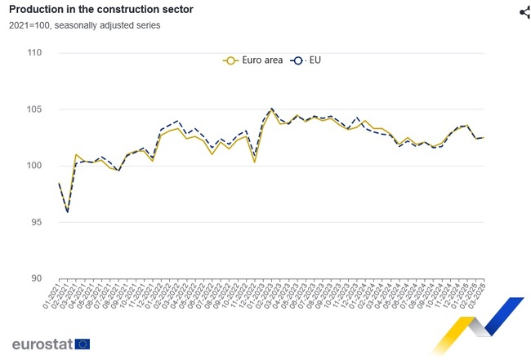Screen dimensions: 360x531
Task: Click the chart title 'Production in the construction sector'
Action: click(x=102, y=11)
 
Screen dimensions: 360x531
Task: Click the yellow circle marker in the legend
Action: click(x=230, y=60)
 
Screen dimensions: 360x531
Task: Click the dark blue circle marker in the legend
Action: click(x=297, y=60)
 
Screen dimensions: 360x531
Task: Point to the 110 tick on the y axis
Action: click(x=34, y=53)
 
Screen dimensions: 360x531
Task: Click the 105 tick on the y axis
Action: click(x=34, y=109)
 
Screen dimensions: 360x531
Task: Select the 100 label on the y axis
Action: click(x=34, y=166)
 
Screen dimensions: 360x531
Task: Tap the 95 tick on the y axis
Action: click(x=37, y=222)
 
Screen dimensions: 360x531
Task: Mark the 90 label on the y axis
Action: click(x=37, y=278)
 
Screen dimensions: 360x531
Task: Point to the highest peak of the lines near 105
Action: click(x=271, y=109)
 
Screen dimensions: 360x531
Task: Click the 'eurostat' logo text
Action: click(x=42, y=344)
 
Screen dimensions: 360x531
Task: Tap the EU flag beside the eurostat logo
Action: click(x=83, y=344)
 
